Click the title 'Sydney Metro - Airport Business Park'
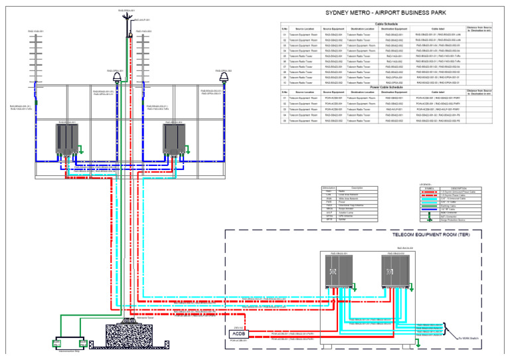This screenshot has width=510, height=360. [385, 13]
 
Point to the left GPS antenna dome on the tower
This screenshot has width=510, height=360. [118, 78]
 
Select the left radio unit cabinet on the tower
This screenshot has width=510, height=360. [66, 139]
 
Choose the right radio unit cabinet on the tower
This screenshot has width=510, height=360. [173, 139]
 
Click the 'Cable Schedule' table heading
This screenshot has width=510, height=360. [386, 23]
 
